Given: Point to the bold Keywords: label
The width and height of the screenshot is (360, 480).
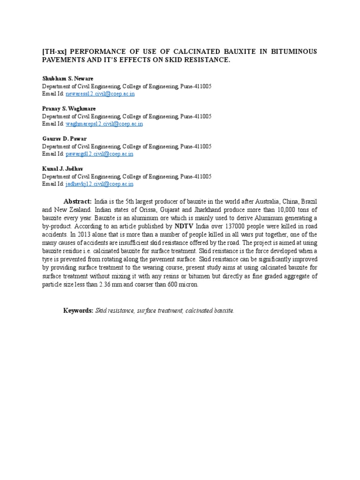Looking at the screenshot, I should click(x=78, y=310).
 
